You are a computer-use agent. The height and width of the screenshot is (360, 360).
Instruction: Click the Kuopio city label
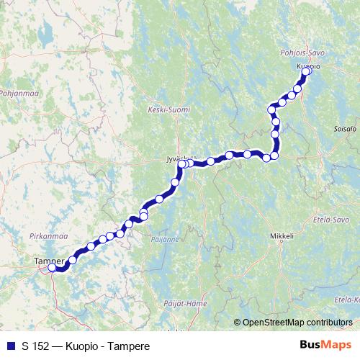point(308,65)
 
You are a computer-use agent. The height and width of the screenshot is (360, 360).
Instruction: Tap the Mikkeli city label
point(282,235)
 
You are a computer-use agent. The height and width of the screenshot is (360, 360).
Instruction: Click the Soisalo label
point(346,132)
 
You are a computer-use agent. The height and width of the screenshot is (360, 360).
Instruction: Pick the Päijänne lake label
point(165,238)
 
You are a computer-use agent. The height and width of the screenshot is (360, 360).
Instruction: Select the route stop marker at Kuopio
point(306,71)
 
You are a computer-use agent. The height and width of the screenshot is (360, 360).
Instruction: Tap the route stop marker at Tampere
point(52,268)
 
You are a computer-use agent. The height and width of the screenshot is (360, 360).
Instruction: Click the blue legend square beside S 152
point(10,346)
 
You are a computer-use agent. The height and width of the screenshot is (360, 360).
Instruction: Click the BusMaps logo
point(325,346)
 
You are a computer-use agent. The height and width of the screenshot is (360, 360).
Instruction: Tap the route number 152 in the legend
point(40,346)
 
